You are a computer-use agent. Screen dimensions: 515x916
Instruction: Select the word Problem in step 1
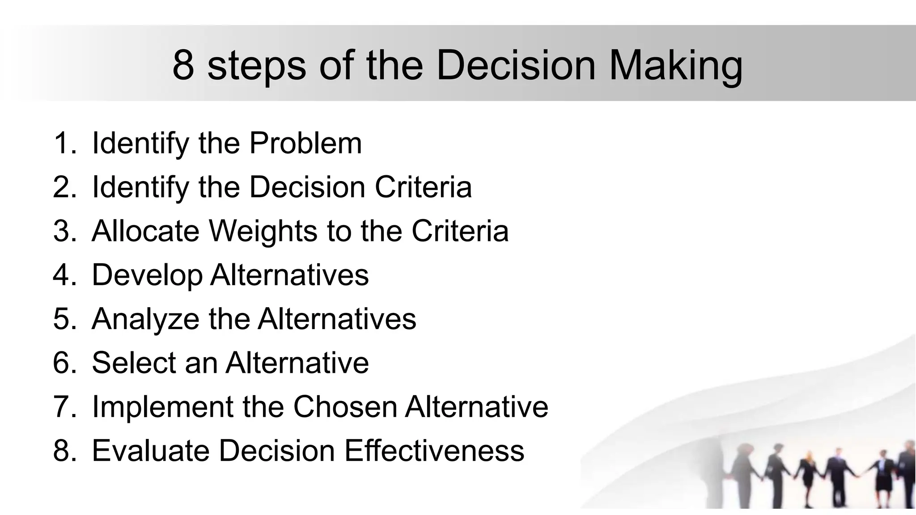click(x=305, y=144)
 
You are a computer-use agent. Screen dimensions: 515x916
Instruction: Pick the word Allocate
click(x=145, y=231)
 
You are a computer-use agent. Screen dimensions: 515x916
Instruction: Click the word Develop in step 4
click(x=147, y=275)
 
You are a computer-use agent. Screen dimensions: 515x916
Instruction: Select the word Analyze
click(x=145, y=319)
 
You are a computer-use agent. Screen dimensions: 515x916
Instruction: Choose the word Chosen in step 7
click(x=345, y=406)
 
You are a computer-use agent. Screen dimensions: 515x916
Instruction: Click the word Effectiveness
click(x=434, y=450)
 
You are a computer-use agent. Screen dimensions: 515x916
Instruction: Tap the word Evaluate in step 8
click(x=150, y=450)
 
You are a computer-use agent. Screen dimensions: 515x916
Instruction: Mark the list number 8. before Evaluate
click(x=64, y=450)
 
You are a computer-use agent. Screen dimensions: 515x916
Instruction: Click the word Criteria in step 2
click(x=423, y=187)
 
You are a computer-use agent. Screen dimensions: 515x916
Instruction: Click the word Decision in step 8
click(x=276, y=450)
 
